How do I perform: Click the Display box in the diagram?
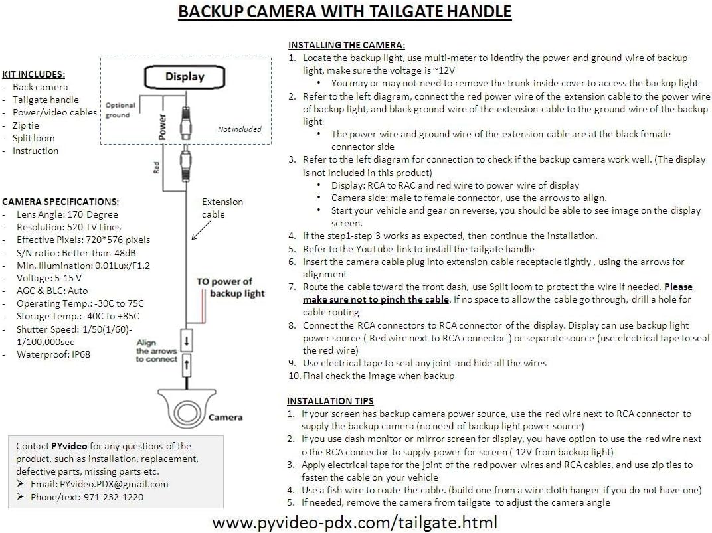click(185, 76)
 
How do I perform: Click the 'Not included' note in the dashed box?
click(240, 129)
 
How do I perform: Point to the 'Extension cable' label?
click(222, 208)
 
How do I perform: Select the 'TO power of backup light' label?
click(230, 287)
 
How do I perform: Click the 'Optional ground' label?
click(120, 110)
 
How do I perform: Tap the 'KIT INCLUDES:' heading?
click(33, 74)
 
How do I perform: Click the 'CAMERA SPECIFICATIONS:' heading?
click(60, 202)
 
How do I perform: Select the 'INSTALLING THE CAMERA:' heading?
click(346, 45)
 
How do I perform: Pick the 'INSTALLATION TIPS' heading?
click(330, 401)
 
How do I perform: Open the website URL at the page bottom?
click(355, 522)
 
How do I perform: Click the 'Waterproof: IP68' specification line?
click(53, 354)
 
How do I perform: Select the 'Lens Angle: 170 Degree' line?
click(67, 214)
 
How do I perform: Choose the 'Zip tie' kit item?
click(26, 125)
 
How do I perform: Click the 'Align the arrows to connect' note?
click(157, 351)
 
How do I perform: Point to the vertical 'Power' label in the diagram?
click(162, 127)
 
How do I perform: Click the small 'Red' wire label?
click(157, 167)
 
